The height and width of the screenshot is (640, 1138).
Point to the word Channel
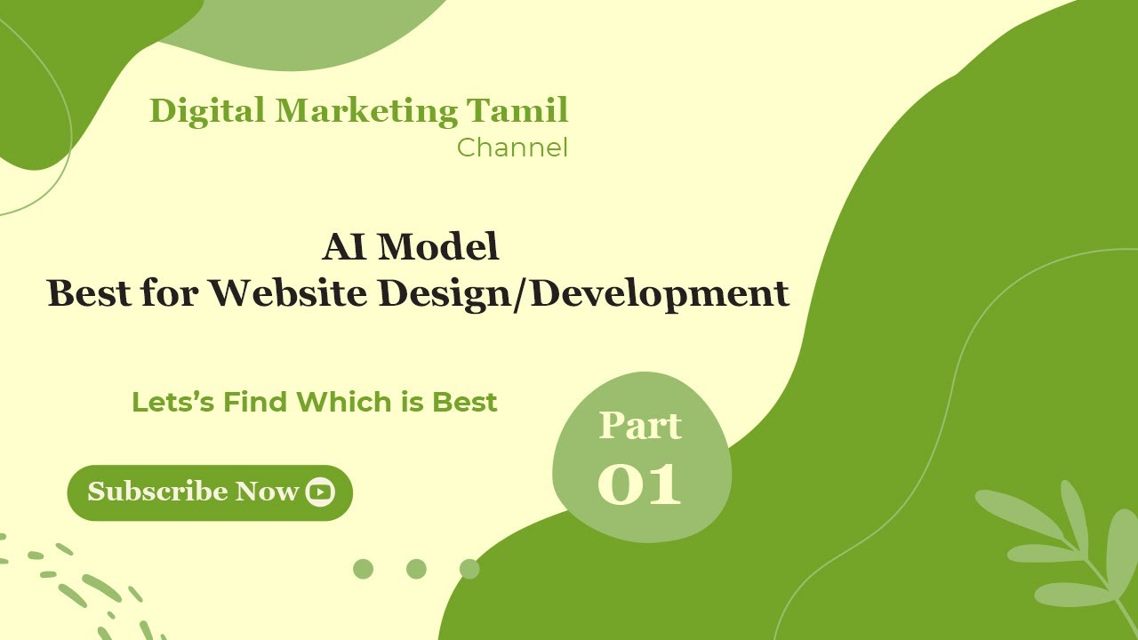512,148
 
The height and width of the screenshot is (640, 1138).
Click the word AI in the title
345,247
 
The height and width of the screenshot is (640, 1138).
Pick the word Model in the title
438,247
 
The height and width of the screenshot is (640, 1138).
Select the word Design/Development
584,293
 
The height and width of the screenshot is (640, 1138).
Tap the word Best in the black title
89,293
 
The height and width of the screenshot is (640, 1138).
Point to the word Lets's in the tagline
173,402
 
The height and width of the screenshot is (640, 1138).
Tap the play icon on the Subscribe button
320,492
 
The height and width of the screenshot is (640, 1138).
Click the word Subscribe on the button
156,492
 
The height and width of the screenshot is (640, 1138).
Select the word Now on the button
266,492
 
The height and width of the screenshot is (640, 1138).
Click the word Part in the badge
640,426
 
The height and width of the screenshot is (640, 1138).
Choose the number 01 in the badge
640,484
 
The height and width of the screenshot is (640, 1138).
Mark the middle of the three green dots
416,569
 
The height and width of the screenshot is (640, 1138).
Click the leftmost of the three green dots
363,569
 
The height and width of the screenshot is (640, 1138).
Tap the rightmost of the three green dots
469,569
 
